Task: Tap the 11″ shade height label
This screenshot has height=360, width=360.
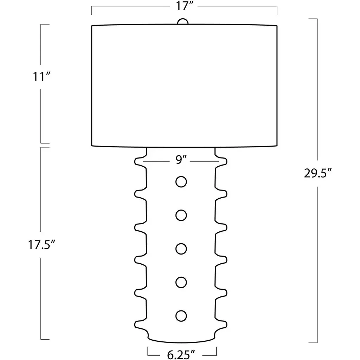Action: [41, 77]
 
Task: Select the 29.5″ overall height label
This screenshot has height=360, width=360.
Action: [318, 173]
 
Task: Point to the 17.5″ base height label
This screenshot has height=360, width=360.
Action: [42, 245]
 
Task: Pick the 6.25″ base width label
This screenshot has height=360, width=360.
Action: [181, 355]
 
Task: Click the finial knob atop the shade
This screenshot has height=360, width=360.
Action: [183, 21]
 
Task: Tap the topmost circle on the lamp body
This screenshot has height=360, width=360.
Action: [181, 182]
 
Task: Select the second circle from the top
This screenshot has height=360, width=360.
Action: [181, 216]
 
